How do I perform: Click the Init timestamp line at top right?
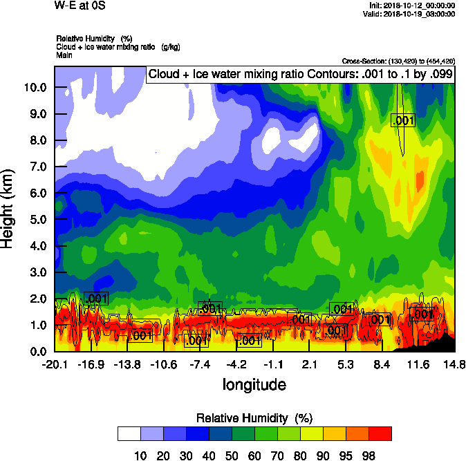point(412,6)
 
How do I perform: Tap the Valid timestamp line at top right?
point(412,14)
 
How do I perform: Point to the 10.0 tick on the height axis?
point(34,88)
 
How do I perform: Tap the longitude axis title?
point(254,384)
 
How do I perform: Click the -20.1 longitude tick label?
point(55,364)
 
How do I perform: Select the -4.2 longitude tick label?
point(238,364)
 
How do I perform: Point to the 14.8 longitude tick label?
point(454,364)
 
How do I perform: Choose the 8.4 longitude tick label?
point(382,364)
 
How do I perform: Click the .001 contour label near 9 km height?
point(402,120)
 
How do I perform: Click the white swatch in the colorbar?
point(129,434)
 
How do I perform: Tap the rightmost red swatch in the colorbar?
point(380,434)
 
